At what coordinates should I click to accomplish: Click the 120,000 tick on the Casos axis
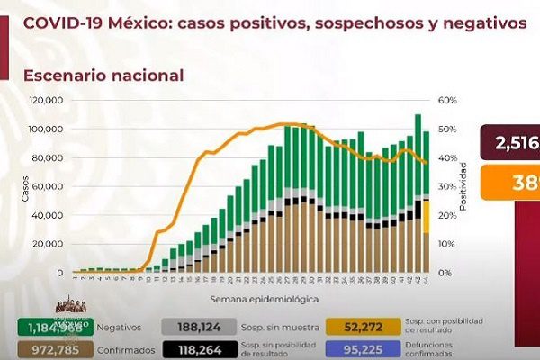(46, 101)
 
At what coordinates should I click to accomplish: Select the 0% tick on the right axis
(440, 273)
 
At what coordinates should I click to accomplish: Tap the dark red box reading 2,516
(509, 142)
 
